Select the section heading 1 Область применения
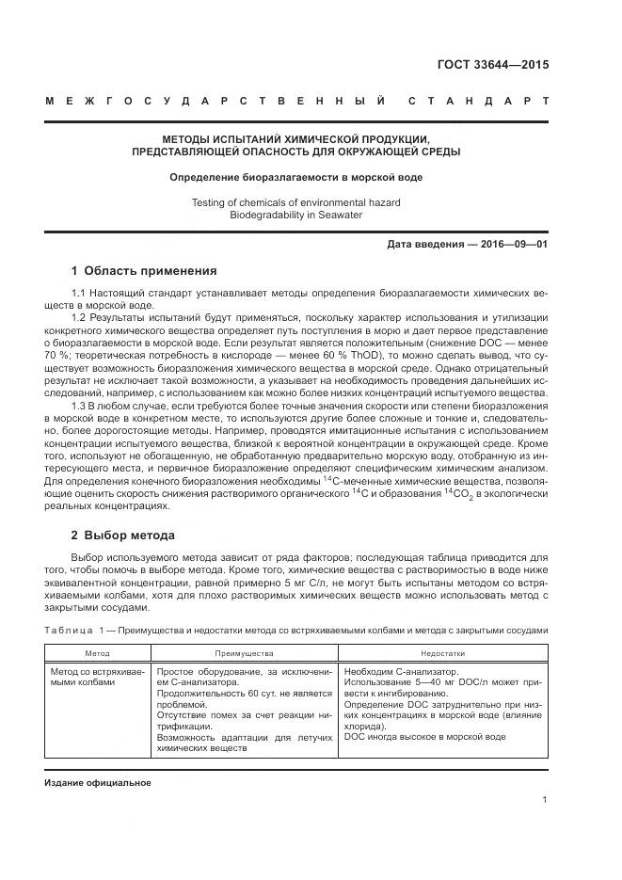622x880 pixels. pos(144,270)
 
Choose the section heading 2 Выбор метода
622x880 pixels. pos(122,536)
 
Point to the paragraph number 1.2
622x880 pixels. pos(80,318)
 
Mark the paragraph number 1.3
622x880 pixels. pos(80,404)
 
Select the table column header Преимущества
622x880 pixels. pos(244,652)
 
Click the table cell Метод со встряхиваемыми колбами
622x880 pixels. pos(94,678)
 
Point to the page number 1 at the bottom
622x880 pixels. pos(545,800)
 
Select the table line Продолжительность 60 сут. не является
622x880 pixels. pos(244,693)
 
